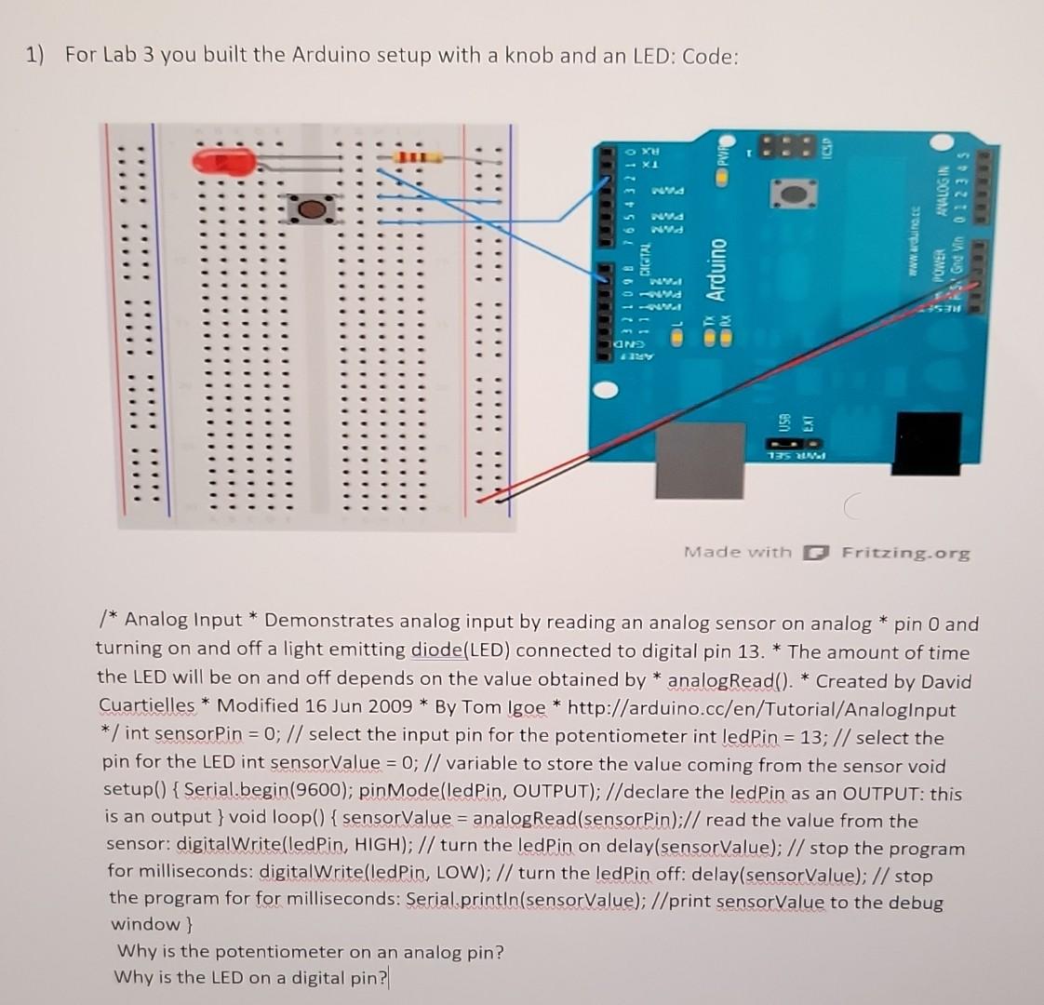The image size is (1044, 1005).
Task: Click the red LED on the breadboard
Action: click(223, 162)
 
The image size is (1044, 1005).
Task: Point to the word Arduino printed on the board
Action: click(716, 269)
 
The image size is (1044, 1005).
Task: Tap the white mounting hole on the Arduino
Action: click(606, 392)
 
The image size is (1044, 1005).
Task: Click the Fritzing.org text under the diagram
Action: click(905, 553)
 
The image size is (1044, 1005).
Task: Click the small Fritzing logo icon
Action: click(815, 553)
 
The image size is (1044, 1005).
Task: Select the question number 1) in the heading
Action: click(35, 55)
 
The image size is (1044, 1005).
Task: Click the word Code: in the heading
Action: click(711, 56)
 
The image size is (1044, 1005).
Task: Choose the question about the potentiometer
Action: click(310, 951)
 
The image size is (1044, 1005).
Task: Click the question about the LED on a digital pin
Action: click(250, 977)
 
